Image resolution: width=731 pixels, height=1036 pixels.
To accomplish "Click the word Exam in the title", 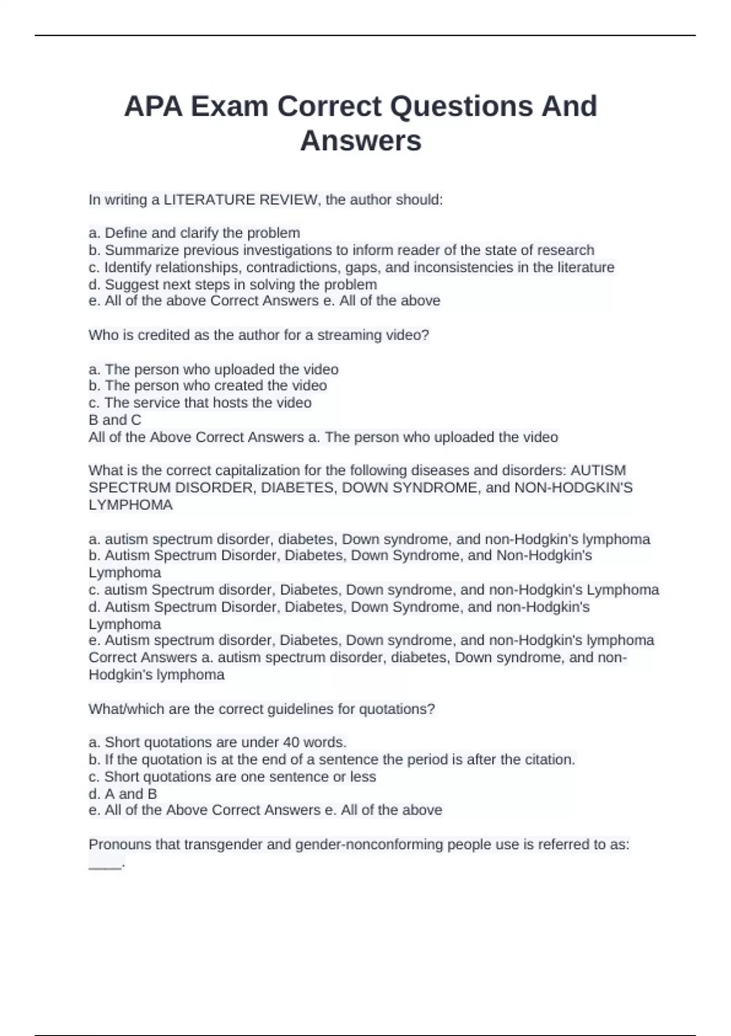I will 230,107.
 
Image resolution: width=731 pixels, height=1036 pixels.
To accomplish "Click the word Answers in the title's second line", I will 361,141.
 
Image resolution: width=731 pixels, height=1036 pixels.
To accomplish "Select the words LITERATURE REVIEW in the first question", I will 241,200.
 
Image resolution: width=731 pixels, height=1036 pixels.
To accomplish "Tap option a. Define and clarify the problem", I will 194,233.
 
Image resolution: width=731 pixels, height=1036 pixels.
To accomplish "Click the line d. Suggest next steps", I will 233,285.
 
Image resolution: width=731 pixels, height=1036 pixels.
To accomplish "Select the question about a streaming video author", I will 259,335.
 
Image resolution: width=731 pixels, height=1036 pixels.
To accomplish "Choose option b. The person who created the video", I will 208,386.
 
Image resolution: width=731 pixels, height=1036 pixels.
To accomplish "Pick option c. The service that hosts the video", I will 200,403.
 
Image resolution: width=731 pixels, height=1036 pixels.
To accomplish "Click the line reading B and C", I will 115,420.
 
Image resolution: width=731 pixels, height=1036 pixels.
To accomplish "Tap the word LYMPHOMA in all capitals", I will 130,505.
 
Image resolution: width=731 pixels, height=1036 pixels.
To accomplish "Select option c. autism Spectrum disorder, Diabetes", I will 373,590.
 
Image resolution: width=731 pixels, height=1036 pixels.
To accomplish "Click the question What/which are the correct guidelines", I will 261,709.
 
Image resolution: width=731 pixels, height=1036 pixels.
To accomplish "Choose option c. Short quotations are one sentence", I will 232,777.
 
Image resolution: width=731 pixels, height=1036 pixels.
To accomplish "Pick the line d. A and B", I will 122,794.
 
